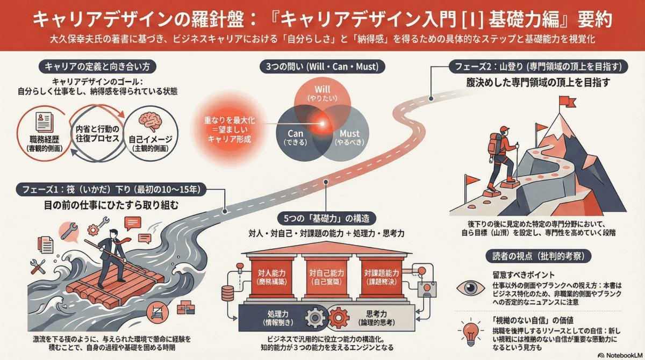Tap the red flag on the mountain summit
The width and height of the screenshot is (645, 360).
[565, 100]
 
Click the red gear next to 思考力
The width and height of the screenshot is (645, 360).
[338, 318]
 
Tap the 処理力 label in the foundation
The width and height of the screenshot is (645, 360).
[278, 318]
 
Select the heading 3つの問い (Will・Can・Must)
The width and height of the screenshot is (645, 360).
[322, 67]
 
